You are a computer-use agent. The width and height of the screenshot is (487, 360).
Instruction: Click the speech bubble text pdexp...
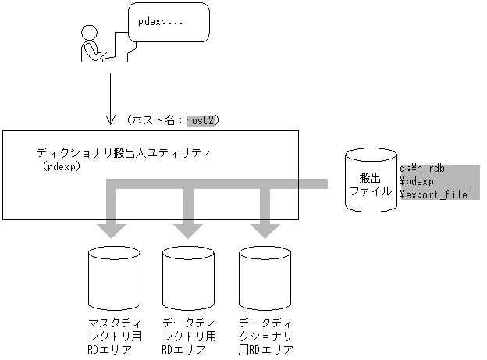point(160,22)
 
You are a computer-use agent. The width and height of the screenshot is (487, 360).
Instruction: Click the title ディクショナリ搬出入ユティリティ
point(124,152)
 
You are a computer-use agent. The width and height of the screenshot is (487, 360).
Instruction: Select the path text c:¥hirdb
point(422,169)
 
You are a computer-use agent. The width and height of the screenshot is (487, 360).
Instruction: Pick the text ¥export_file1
point(436,194)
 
